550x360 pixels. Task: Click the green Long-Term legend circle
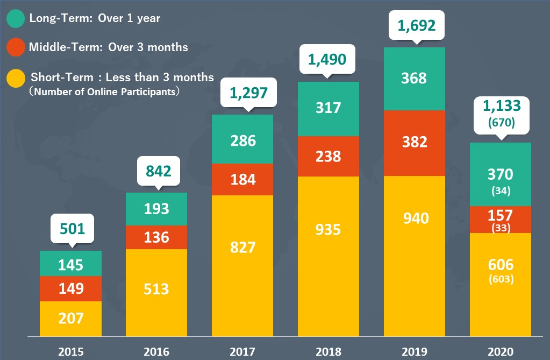click(x=15, y=19)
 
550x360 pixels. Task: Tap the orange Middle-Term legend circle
click(x=15, y=47)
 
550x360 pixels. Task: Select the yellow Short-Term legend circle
click(x=15, y=77)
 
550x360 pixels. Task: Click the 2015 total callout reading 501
click(x=73, y=229)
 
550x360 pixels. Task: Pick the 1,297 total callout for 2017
click(x=248, y=93)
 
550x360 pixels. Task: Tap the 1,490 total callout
click(x=328, y=59)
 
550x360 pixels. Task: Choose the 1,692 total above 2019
click(x=415, y=25)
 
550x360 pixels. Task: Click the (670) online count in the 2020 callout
click(x=501, y=123)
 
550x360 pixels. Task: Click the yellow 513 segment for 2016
click(x=156, y=290)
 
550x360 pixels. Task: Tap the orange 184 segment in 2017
click(x=242, y=179)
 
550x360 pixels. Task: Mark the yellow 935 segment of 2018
click(x=328, y=230)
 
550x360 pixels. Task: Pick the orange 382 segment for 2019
click(x=415, y=143)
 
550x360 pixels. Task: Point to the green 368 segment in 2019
click(x=415, y=79)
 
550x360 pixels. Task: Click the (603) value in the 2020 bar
click(x=501, y=279)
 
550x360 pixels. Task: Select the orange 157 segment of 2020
click(x=501, y=216)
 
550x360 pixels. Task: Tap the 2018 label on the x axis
click(x=328, y=352)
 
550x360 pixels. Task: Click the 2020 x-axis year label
click(x=501, y=352)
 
